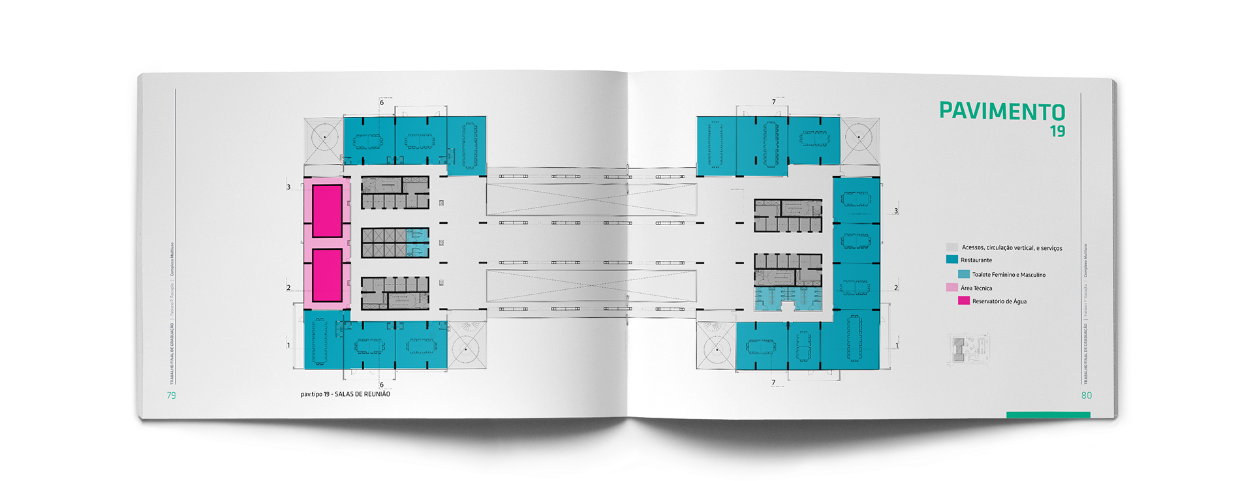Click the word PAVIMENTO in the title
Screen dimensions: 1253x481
point(1002,112)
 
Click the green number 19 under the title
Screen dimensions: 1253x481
point(1057,131)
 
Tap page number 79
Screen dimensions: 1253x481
point(172,396)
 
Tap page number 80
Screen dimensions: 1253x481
point(1087,396)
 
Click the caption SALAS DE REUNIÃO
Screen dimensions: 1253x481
point(362,394)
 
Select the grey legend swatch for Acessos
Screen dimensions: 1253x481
point(952,247)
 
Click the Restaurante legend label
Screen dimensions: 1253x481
point(976,260)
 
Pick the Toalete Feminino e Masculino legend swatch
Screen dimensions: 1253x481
point(964,274)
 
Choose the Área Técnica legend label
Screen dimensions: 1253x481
point(976,288)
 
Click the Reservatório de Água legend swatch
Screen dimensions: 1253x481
point(964,301)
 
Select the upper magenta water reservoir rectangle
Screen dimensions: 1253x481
point(327,211)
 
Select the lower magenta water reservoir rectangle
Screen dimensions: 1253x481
point(327,275)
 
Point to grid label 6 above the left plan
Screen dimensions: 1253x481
point(382,102)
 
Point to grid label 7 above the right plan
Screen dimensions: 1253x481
point(774,102)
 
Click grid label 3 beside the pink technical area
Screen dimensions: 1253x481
point(288,187)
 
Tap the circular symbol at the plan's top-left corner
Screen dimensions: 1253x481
point(323,137)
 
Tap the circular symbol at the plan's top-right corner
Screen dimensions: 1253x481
point(859,137)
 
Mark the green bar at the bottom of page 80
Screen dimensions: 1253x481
point(1048,414)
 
